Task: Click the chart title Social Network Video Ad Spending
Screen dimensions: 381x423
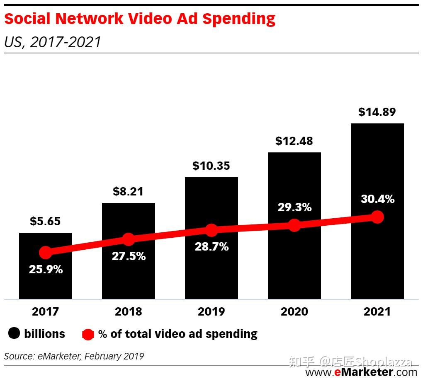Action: coord(140,19)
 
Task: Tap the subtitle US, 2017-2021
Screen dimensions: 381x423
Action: coord(53,42)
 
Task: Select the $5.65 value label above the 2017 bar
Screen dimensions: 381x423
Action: coord(45,221)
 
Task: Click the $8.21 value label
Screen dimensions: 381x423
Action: coord(128,191)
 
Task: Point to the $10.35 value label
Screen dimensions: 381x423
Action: coord(211,166)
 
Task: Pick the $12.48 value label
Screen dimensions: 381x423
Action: coord(294,141)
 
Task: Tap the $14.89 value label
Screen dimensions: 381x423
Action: coord(377,112)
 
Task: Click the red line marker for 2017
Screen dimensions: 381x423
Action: coord(45,252)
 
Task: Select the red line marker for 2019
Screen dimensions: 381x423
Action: coord(211,230)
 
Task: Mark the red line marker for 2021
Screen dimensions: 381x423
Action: coord(377,217)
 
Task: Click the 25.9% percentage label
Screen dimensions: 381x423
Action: coord(46,270)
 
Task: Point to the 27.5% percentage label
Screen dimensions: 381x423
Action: coord(129,256)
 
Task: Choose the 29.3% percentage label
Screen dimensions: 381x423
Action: coord(294,207)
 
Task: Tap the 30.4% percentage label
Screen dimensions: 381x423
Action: coord(377,199)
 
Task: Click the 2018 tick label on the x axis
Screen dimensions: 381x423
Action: coord(128,311)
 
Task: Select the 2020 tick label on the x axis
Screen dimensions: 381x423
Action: coord(294,311)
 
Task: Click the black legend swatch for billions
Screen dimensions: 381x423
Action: coord(14,334)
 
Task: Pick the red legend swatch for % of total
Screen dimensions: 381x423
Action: coord(88,334)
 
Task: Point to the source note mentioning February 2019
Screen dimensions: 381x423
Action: coord(74,356)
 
